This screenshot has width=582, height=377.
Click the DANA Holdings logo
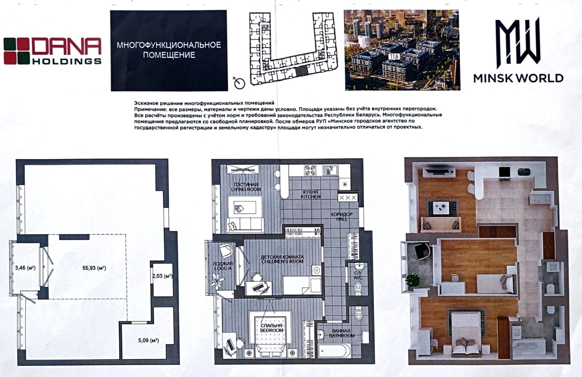pos(52,51)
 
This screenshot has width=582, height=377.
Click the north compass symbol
pos(240,83)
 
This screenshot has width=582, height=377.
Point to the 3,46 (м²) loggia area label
pos(25,267)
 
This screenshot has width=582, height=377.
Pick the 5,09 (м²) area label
pos(148,340)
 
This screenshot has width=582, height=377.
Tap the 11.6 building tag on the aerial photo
pos(394,57)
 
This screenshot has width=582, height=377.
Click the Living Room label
pos(245,187)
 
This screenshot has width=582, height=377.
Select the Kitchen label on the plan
pos(310,194)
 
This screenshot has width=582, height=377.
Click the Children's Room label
pos(282,259)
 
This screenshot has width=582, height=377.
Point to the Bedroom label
pos(272,328)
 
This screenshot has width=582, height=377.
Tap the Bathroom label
pos(341,333)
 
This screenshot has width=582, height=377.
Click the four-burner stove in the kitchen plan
pos(310,170)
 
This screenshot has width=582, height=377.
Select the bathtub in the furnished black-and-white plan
pos(334,351)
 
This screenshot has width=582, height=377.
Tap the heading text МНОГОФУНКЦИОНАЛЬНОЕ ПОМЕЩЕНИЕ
pos(169,50)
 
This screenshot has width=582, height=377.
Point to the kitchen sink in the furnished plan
pos(330,170)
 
